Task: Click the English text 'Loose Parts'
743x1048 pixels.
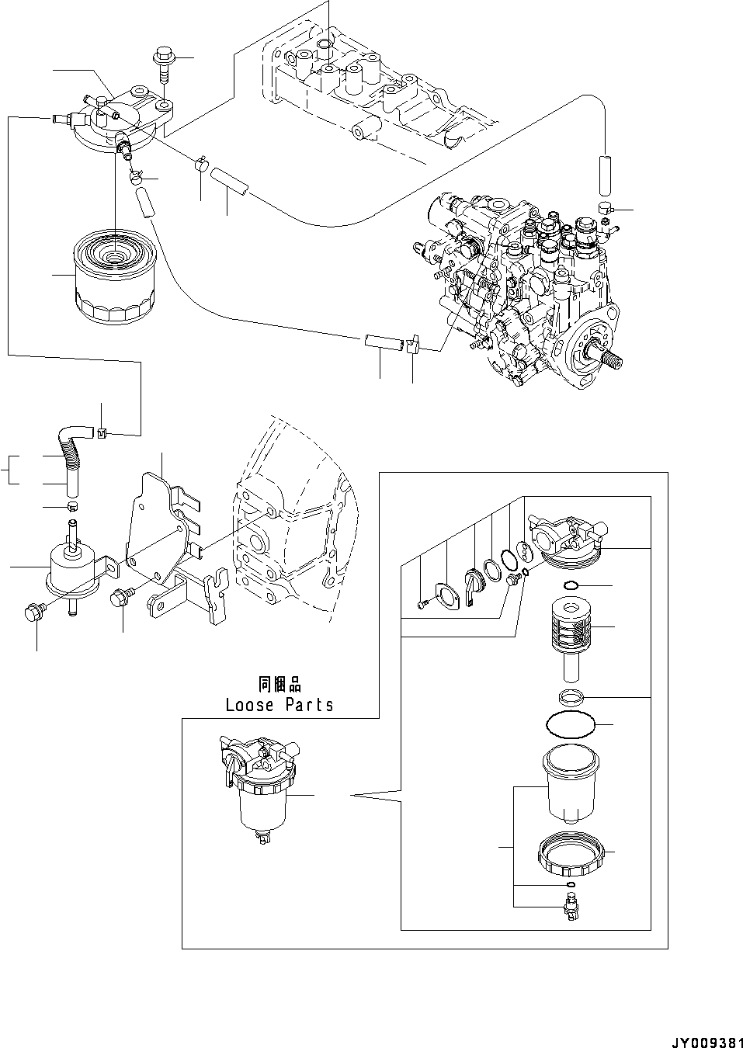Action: [x=279, y=705]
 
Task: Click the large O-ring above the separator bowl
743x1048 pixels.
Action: [x=572, y=725]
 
